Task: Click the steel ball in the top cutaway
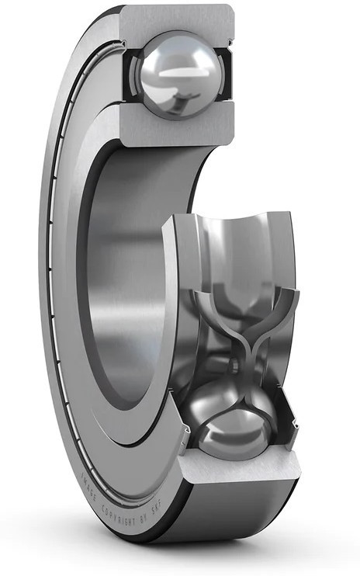pos(177,74)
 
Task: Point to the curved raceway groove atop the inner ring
pos(233,233)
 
